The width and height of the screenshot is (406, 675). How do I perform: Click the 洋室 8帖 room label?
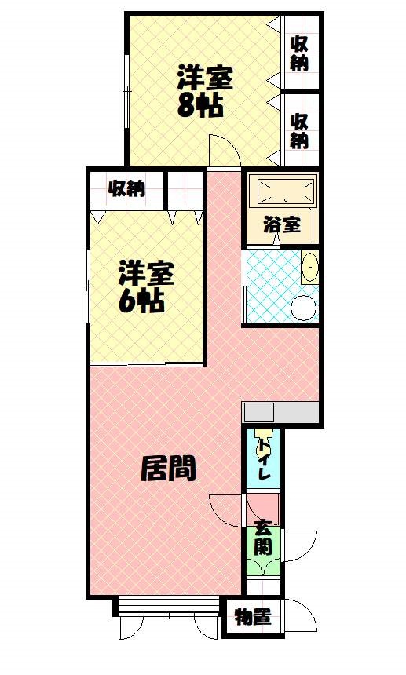[x=204, y=91]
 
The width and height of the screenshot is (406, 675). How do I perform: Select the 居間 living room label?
[x=168, y=469]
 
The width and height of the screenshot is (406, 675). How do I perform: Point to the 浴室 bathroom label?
[x=282, y=224]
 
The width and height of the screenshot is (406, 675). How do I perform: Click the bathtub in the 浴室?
[x=285, y=192]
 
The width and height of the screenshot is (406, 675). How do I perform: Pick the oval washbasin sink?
[x=309, y=267]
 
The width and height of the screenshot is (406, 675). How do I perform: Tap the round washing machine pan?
[x=304, y=308]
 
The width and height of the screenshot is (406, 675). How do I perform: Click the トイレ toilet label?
[x=263, y=459]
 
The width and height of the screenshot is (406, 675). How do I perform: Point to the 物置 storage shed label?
[x=253, y=618]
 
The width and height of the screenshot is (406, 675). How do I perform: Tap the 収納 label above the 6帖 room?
[x=126, y=188]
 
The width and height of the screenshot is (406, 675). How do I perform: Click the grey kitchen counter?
[x=280, y=412]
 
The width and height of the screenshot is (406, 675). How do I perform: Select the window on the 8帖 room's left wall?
[x=126, y=91]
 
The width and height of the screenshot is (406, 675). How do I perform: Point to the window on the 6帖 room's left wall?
[x=87, y=286]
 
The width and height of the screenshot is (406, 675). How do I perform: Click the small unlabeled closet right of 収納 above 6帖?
[x=185, y=189]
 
